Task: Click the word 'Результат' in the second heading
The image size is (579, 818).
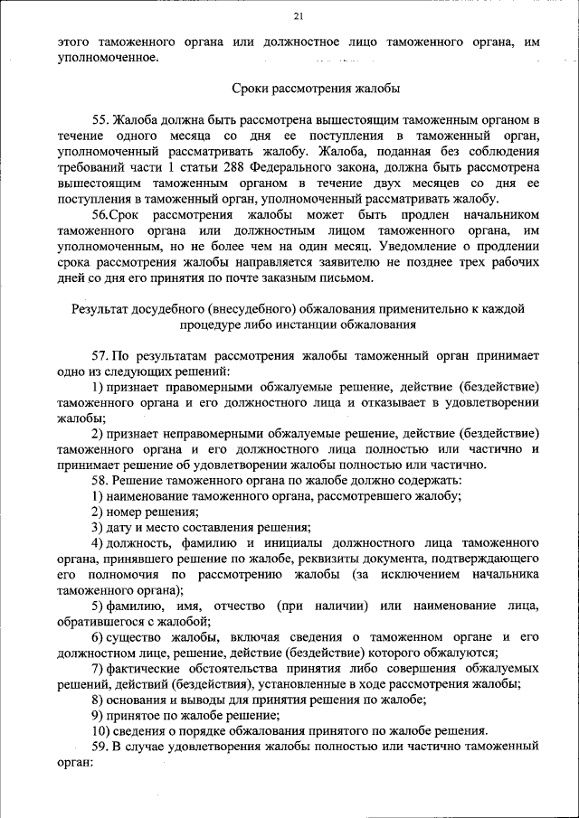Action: coord(103,309)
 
